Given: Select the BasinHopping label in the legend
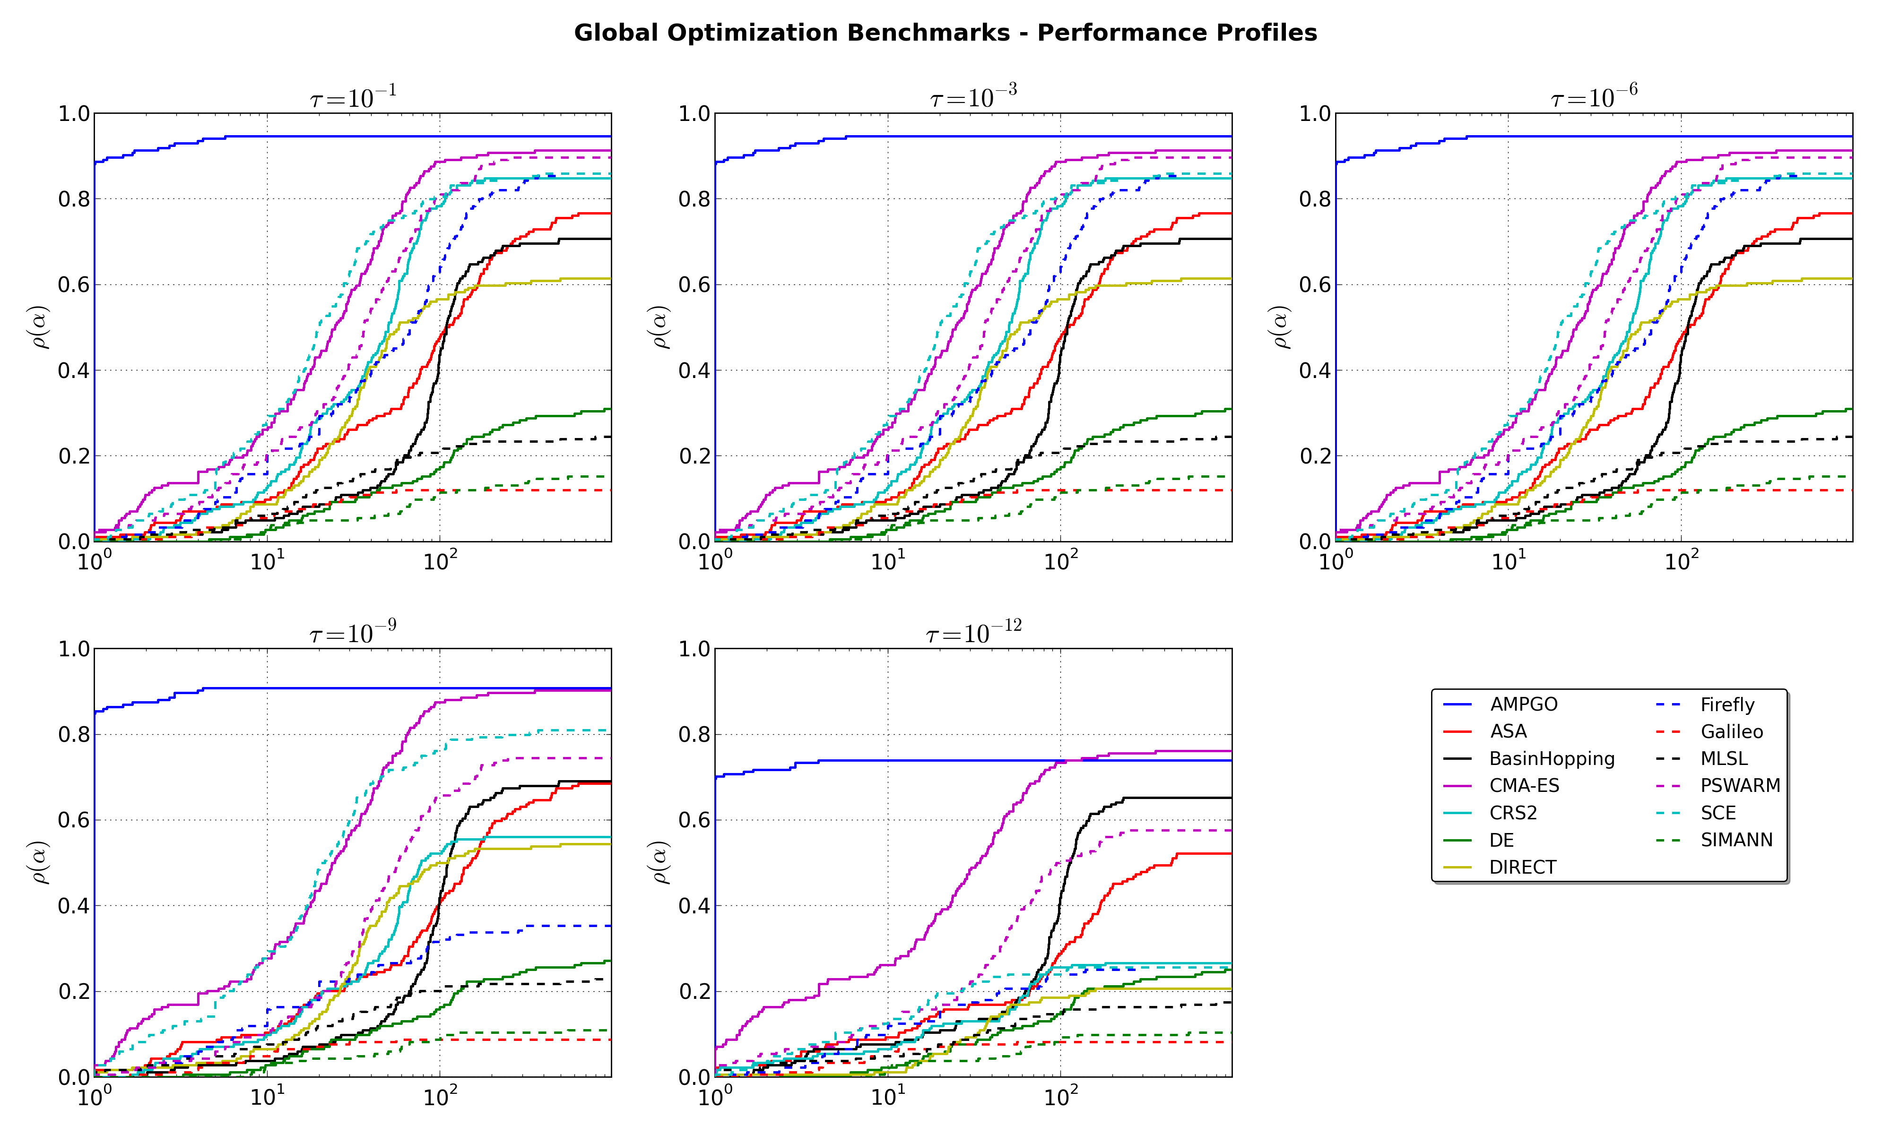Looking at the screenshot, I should (x=1552, y=759).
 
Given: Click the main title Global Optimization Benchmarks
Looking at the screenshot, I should (x=945, y=33).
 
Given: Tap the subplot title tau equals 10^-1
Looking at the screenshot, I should (x=353, y=98).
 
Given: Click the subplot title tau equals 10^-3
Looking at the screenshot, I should (x=973, y=98).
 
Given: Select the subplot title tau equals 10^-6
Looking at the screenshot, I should (x=1594, y=98).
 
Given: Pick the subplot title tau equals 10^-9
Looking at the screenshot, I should (x=353, y=634).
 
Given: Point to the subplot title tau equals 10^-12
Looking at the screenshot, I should (x=973, y=634).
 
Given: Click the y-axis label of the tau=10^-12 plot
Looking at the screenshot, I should (x=660, y=863).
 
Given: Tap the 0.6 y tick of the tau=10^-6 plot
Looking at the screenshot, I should (x=1315, y=285).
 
